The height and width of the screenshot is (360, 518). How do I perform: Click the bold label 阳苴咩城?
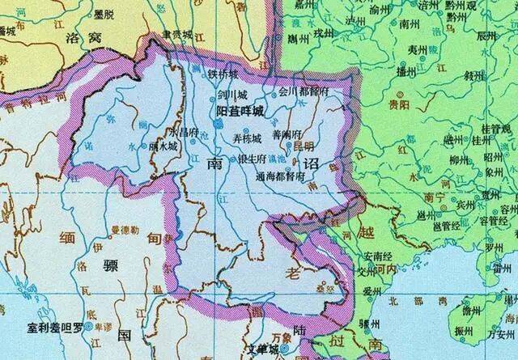[x=235, y=110]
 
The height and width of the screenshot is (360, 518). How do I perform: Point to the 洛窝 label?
[x=100, y=36]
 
